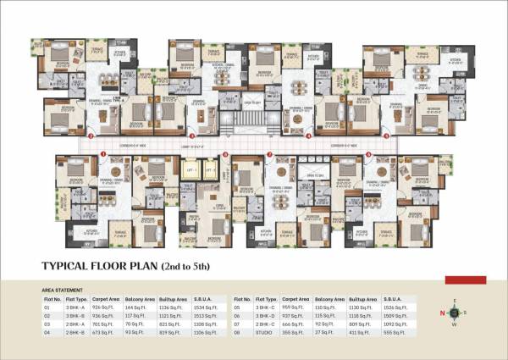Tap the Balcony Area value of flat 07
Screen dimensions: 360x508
(324, 324)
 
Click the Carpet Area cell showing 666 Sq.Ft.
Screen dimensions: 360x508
(290, 324)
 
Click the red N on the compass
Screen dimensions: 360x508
(440, 312)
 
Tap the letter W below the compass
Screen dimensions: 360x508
(455, 324)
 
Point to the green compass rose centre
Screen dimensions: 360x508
(455, 312)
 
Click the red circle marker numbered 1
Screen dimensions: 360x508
(102, 153)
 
